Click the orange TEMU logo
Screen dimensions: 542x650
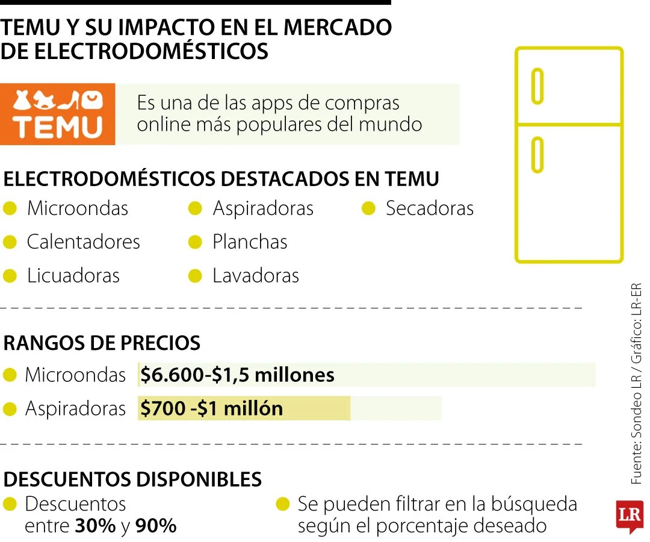click(58, 114)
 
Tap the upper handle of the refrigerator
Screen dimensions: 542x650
click(537, 86)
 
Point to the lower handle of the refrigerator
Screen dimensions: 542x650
click(537, 155)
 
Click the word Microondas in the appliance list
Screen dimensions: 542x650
click(78, 208)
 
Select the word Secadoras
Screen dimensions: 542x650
click(430, 208)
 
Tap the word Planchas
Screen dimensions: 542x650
click(250, 242)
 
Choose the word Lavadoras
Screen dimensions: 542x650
click(256, 276)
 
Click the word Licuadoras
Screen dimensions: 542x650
click(73, 276)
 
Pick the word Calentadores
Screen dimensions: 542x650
click(83, 242)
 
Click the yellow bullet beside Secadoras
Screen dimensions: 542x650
click(368, 209)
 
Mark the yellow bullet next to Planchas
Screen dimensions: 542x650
click(195, 242)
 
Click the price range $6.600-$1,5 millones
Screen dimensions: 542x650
click(237, 375)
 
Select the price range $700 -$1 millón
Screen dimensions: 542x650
click(211, 409)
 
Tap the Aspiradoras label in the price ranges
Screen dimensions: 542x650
click(75, 409)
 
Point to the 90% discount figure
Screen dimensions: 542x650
click(156, 526)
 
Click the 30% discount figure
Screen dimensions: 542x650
click(95, 526)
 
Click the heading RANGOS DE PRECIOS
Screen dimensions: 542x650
click(102, 343)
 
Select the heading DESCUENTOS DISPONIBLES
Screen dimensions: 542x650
click(132, 479)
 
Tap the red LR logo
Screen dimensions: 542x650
click(630, 516)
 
